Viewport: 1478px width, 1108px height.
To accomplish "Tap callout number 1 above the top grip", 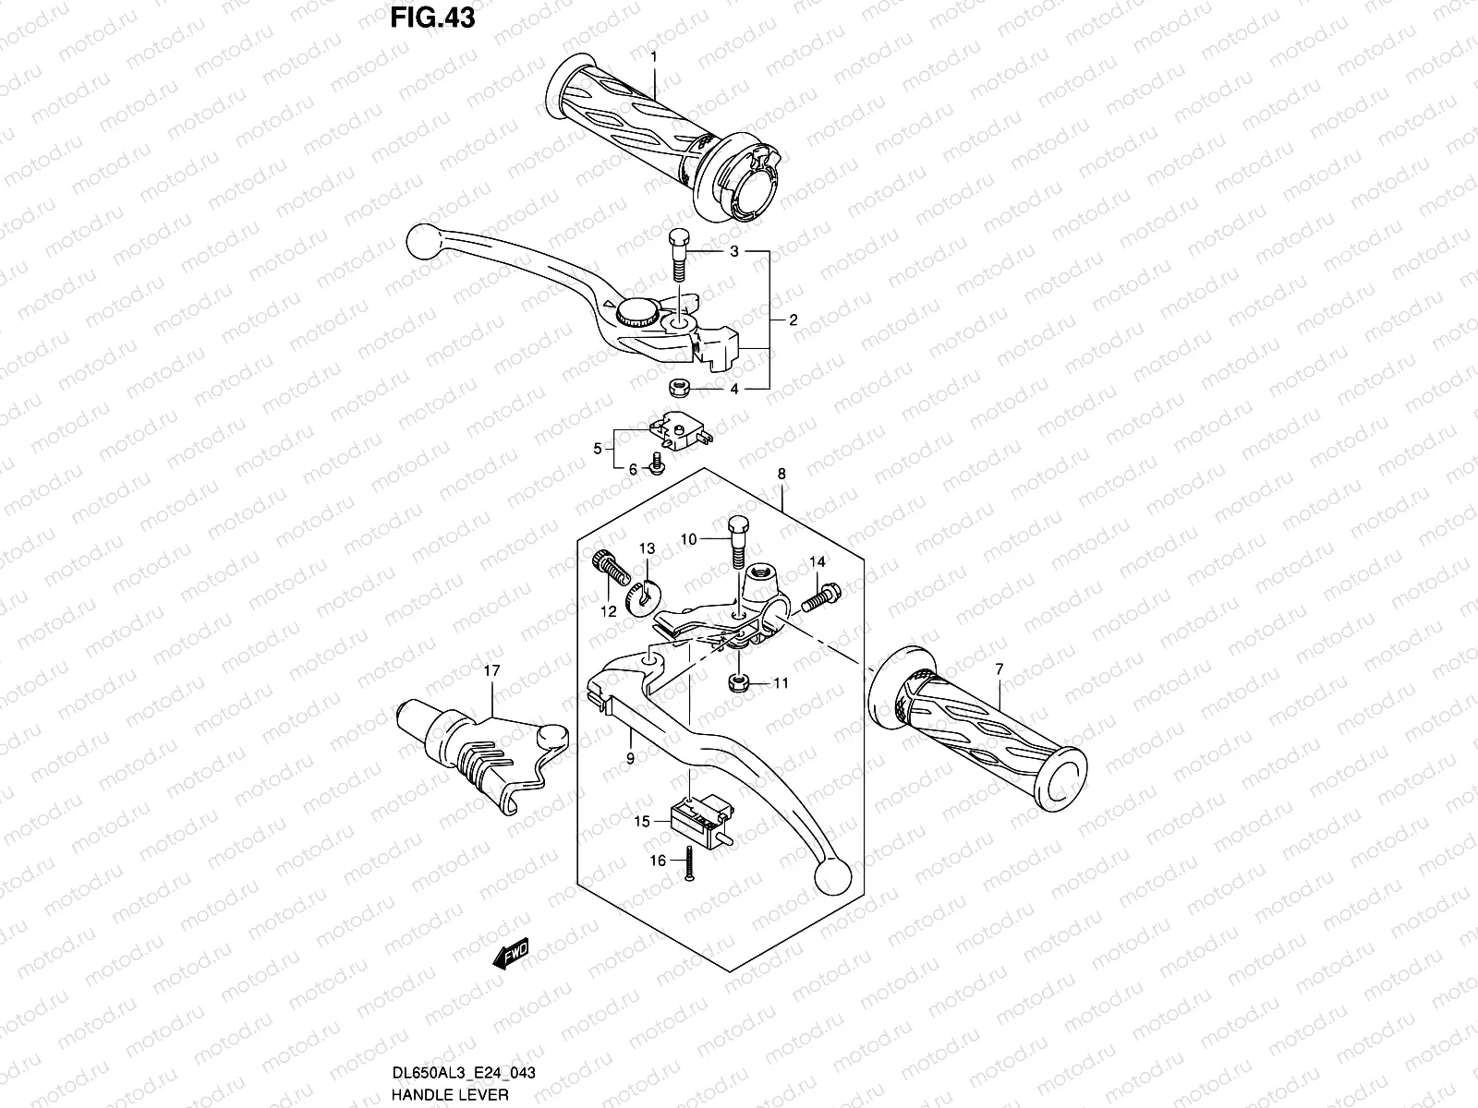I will [653, 57].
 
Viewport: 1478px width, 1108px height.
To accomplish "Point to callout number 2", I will [793, 320].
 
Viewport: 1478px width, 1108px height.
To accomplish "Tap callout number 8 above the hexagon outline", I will [781, 474].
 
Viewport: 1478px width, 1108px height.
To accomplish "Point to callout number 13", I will [646, 548].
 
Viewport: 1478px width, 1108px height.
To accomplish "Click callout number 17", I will [491, 671].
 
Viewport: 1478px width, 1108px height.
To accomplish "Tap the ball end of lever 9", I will [833, 873].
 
